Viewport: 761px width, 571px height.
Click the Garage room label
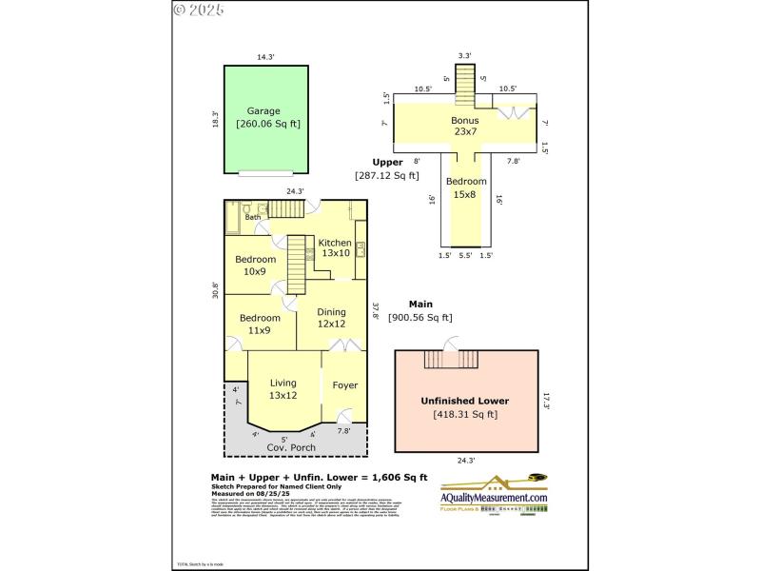point(263,111)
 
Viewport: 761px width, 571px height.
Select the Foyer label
point(344,385)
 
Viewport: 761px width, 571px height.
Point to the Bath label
point(252,218)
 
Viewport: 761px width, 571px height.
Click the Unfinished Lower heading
point(464,401)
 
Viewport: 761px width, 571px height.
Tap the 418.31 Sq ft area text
point(464,414)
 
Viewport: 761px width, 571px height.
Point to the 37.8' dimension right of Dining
point(376,312)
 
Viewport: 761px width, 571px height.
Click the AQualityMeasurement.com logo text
point(494,498)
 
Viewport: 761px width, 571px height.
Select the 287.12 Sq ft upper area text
point(386,175)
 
